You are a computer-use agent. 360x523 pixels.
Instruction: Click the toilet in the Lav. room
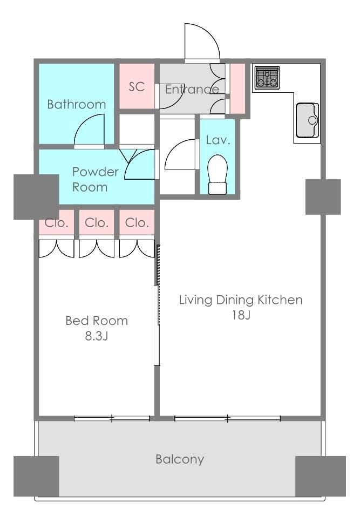coord(218,174)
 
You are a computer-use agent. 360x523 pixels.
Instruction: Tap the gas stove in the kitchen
coord(267,78)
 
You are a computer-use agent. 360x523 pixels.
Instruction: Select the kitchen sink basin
coord(307,120)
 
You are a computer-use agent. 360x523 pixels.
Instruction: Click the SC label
coord(137,86)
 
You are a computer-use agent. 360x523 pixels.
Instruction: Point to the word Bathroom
coord(77,104)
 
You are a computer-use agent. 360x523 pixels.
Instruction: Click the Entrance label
coord(192,89)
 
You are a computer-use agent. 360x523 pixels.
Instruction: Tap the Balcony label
coord(180,459)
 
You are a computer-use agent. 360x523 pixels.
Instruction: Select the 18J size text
coord(241,315)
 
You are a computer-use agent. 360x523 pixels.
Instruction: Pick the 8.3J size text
coord(97,336)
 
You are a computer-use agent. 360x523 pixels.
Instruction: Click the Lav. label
coord(218,140)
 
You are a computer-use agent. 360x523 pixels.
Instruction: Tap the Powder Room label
coord(96,179)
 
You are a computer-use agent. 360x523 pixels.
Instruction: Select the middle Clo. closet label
coord(97,222)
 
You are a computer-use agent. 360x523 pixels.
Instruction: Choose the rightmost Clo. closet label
coord(137,222)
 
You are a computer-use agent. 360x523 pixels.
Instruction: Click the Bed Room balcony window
coord(112,418)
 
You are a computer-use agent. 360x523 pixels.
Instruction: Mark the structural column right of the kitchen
coord(323,197)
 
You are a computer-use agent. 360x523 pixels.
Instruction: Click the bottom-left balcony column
coord(36,476)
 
